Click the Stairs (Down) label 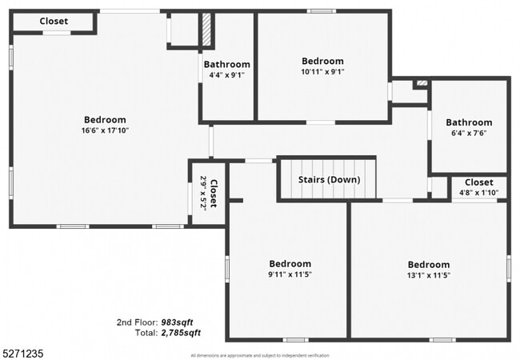(330, 180)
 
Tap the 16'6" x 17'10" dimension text (104, 130)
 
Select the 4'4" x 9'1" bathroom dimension (226, 75)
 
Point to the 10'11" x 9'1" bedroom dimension (322, 71)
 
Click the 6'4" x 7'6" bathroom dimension (469, 134)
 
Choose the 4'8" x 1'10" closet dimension (478, 193)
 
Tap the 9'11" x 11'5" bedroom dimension (290, 274)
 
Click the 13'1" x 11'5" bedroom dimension (428, 275)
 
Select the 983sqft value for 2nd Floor (180, 322)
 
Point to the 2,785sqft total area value (181, 332)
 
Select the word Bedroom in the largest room (104, 120)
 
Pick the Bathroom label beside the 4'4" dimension (226, 65)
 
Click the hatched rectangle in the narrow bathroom (206, 30)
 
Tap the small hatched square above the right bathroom (422, 82)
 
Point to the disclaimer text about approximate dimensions (259, 354)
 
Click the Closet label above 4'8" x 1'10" (478, 182)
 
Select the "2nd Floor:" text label (136, 322)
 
